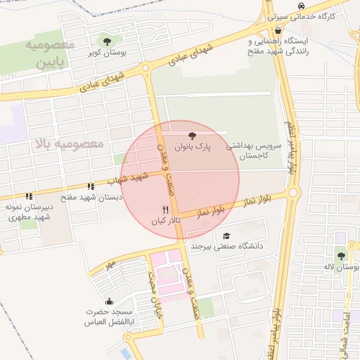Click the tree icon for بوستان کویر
pyautogui.click(x=107, y=41)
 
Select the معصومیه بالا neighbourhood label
pyautogui.click(x=68, y=143)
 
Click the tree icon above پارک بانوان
pyautogui.click(x=192, y=134)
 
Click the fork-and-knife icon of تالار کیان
pyautogui.click(x=166, y=209)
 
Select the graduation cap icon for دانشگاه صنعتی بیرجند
pyautogui.click(x=226, y=236)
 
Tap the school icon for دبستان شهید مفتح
pyautogui.click(x=91, y=186)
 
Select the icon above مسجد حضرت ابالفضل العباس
pyautogui.click(x=89, y=302)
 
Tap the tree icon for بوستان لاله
pyautogui.click(x=341, y=256)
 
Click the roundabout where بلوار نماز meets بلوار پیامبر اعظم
pyautogui.click(x=294, y=192)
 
